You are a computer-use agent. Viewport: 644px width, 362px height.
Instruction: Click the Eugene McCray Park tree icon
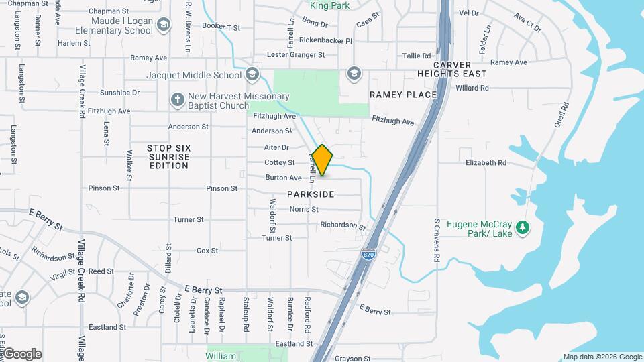coord(523,229)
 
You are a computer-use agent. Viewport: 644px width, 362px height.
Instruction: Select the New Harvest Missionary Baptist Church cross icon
coord(177,99)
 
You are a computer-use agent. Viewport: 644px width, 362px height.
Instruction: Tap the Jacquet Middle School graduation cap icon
coord(252,74)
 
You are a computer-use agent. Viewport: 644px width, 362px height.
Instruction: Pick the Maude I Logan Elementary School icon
coord(163,25)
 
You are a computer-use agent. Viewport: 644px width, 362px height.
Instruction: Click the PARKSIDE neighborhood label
coord(311,194)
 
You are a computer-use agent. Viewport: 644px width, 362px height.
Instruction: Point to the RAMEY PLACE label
coord(403,95)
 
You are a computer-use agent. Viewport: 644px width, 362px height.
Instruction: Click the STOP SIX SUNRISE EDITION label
coord(170,156)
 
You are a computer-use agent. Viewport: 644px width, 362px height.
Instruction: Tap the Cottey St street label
coord(280,162)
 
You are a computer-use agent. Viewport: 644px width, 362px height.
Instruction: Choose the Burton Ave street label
coord(283,178)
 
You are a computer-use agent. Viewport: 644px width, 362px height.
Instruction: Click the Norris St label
coord(304,209)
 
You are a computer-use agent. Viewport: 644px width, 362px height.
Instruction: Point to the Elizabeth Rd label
coord(486,162)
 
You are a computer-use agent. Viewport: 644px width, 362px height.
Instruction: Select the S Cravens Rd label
coord(437,240)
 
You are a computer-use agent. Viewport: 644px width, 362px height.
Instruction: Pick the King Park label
coord(330,6)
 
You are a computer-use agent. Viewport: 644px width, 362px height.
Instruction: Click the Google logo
coord(21,354)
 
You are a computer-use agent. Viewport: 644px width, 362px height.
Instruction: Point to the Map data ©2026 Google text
coord(602,357)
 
